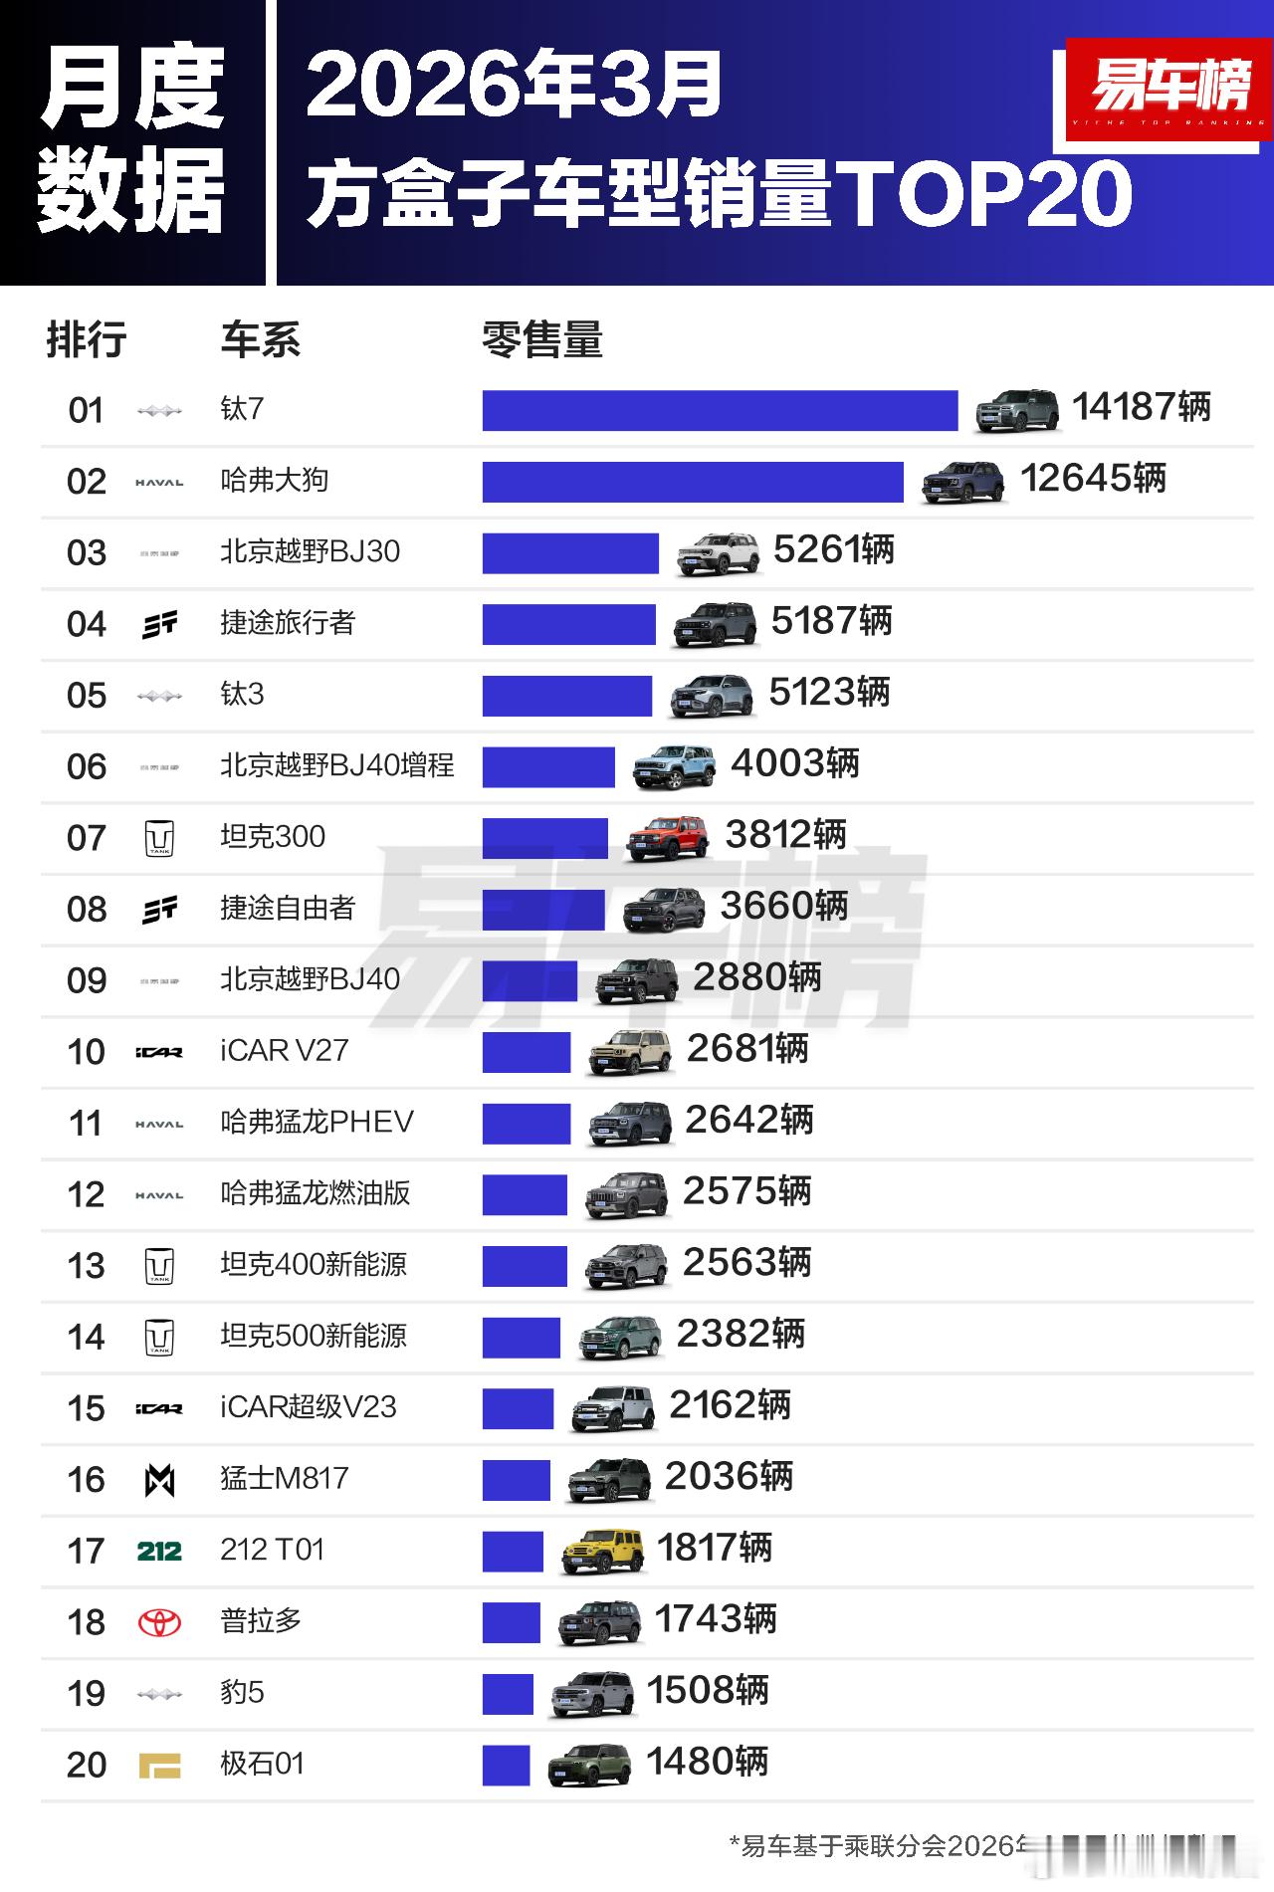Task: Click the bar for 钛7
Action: click(x=720, y=410)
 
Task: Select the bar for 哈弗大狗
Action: click(x=693, y=482)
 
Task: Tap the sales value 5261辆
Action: click(x=834, y=550)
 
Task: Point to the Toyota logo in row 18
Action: click(x=159, y=1622)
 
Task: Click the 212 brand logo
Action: click(x=159, y=1551)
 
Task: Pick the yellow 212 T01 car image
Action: click(x=602, y=1551)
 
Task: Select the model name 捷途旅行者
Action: click(x=288, y=623)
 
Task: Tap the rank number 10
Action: click(x=86, y=1052)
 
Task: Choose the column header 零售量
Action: click(x=542, y=340)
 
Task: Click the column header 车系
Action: click(x=260, y=340)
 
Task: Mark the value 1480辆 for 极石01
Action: click(x=708, y=1763)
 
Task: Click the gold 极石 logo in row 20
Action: click(x=159, y=1766)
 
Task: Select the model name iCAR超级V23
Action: click(x=309, y=1407)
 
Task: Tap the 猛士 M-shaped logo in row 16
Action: click(x=159, y=1480)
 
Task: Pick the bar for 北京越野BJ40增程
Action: click(x=548, y=766)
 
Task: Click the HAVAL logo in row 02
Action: click(x=159, y=483)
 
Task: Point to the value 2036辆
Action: click(x=729, y=1477)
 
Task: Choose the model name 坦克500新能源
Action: click(x=314, y=1336)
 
